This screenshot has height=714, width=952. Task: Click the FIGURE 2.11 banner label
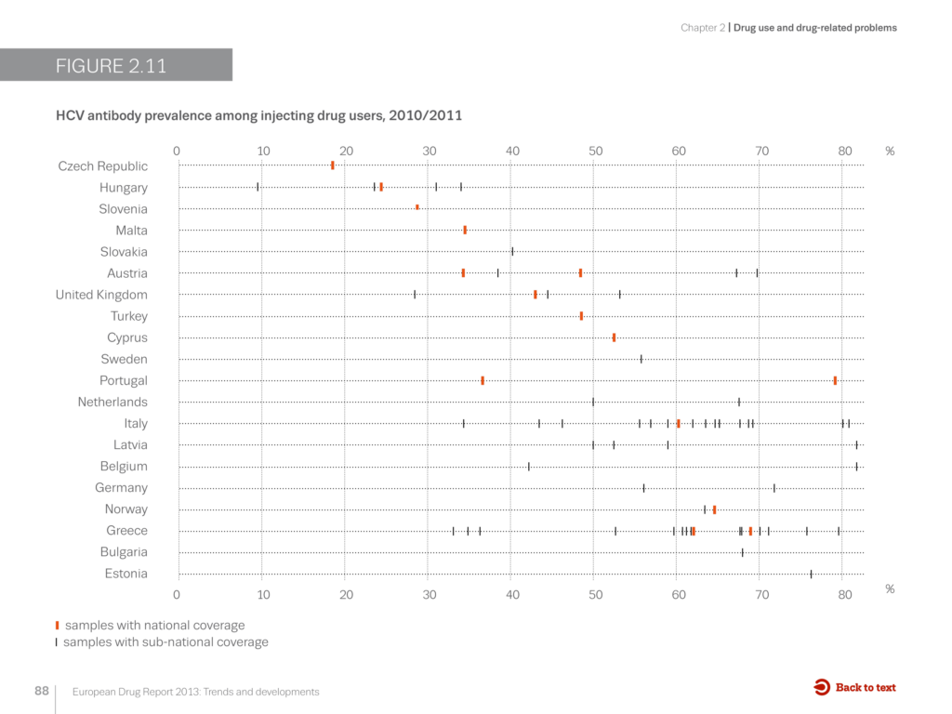coord(112,66)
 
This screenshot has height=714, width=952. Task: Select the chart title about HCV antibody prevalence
coord(258,115)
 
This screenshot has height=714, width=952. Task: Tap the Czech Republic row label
coord(102,166)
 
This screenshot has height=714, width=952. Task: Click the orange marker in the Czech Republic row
coord(332,165)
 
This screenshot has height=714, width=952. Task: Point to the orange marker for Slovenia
coord(417,208)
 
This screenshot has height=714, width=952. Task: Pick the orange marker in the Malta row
coord(465,230)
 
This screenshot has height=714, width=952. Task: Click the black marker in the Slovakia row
coord(512,251)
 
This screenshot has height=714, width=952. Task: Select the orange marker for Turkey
coord(581,316)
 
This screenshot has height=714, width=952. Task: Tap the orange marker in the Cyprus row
coord(614,337)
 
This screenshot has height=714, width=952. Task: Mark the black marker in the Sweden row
coord(641,359)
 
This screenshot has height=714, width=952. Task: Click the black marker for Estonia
coord(811,574)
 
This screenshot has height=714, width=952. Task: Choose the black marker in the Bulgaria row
coord(742,552)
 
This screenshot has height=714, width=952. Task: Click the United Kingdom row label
coord(101,295)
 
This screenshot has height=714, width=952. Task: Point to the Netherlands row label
coord(112,403)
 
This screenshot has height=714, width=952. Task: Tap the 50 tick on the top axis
coord(595,151)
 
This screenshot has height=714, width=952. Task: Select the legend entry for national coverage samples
coord(154,626)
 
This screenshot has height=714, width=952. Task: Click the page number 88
coord(42,692)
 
